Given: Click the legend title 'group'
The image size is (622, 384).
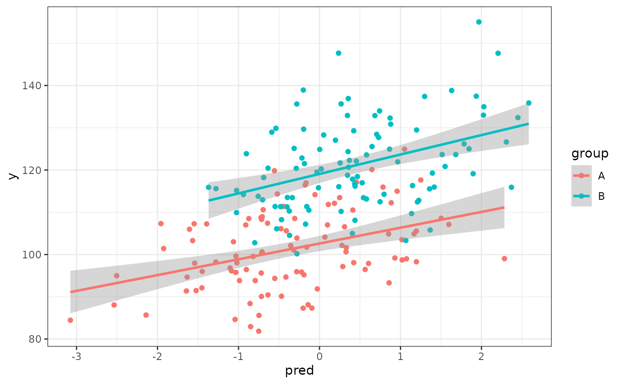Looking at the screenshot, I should tap(590, 154).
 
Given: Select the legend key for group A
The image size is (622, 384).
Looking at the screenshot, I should tap(582, 176).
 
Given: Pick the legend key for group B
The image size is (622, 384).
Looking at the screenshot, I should tap(582, 196).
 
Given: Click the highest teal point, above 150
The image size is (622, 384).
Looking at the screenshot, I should tap(479, 22).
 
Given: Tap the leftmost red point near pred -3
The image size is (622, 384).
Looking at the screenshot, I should tap(70, 320).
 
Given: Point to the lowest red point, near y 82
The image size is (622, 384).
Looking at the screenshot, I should tap(259, 331).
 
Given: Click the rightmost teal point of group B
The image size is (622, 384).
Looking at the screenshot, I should tap(529, 103).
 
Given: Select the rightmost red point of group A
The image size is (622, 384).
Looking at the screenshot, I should tap(504, 258).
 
